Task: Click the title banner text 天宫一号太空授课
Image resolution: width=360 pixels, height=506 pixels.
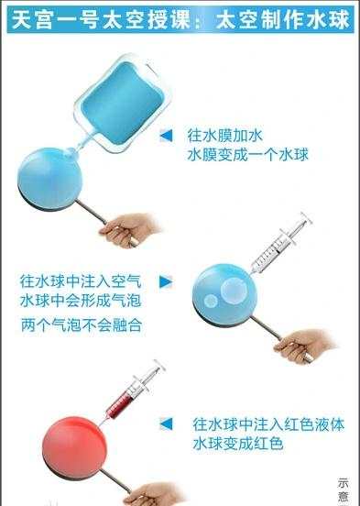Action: coord(101,19)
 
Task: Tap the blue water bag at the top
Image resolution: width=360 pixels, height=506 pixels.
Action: coord(121,103)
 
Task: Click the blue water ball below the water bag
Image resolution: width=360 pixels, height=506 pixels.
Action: coord(50,179)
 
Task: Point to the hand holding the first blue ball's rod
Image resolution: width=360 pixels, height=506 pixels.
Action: coord(130,229)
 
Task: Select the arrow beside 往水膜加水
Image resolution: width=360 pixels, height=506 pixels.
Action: coord(167,136)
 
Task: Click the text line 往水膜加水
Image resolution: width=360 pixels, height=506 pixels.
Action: coord(224,136)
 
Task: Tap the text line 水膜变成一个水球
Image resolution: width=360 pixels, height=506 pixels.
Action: coord(247,155)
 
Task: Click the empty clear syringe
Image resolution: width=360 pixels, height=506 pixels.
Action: coord(281,243)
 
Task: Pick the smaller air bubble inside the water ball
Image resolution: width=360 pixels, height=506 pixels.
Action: coord(212,301)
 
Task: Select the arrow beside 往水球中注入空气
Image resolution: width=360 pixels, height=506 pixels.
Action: coord(166,281)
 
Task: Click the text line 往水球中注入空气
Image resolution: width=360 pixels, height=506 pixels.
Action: coord(81,281)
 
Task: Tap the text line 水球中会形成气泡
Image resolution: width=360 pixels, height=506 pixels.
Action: coord(81,301)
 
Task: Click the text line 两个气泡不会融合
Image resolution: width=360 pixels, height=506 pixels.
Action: coord(82,325)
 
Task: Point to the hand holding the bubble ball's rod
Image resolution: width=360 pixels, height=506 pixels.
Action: coord(303,346)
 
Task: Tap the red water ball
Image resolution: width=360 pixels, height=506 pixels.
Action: coord(74,448)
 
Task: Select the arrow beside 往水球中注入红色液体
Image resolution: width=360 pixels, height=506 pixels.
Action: coord(167,424)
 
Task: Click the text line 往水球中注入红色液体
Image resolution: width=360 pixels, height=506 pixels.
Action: coord(268,424)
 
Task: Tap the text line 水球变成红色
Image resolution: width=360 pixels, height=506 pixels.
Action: coord(238,444)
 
